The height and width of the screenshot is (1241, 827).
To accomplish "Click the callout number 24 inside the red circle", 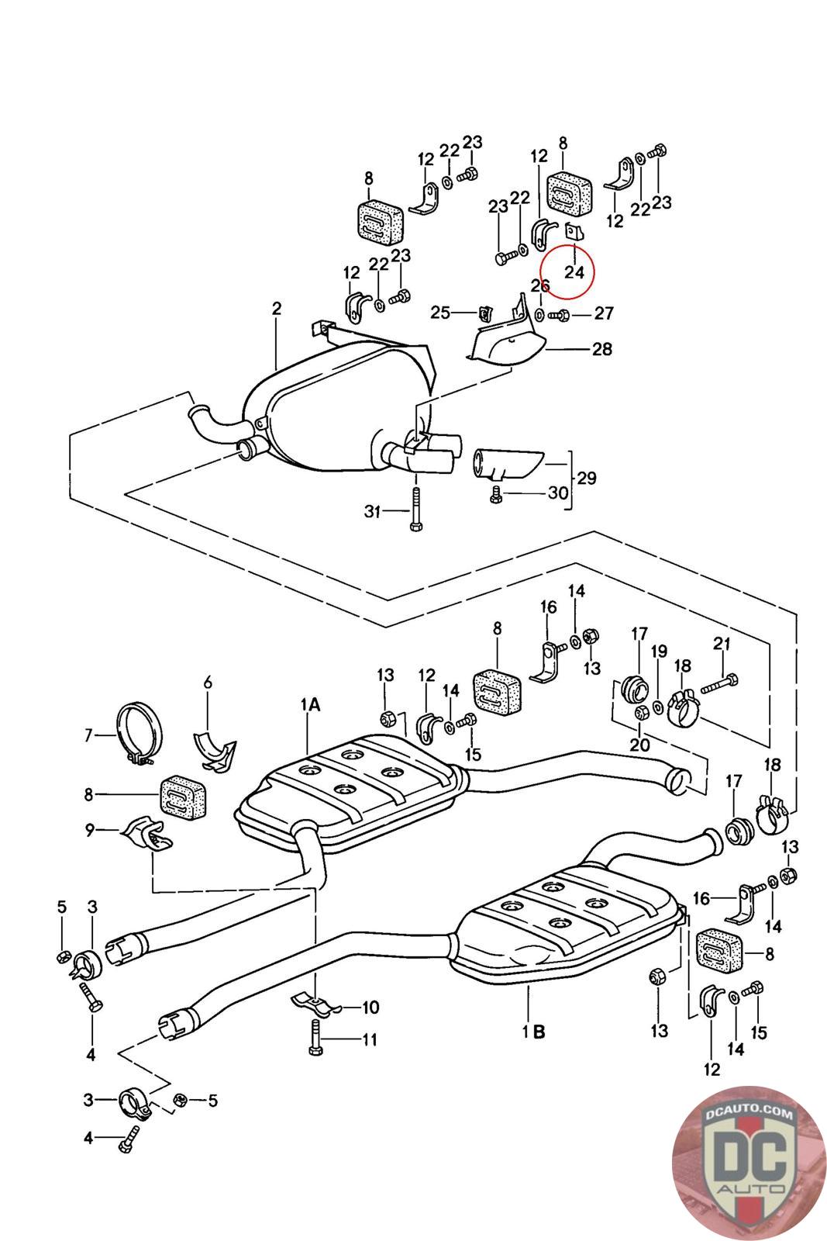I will [574, 272].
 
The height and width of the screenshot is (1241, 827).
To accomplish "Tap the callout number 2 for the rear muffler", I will [277, 309].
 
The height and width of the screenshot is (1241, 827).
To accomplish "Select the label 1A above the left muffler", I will [310, 704].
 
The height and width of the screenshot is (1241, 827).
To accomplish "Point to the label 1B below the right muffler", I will [533, 1032].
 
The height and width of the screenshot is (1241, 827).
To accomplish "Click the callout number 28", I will [602, 349].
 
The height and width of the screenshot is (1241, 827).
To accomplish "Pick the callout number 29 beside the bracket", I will [587, 478].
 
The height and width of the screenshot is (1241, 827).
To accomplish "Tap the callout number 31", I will [374, 510].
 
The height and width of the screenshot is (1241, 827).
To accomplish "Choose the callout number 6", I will [207, 683].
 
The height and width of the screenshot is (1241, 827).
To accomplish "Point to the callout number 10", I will [370, 1008].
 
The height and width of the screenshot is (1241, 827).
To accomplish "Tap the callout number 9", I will [90, 830].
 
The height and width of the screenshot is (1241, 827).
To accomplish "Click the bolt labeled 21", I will [719, 683].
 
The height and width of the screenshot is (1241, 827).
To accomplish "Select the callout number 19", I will [658, 652].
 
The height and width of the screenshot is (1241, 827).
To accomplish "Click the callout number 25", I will [440, 313].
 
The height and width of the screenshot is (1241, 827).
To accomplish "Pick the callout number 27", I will [604, 313].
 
